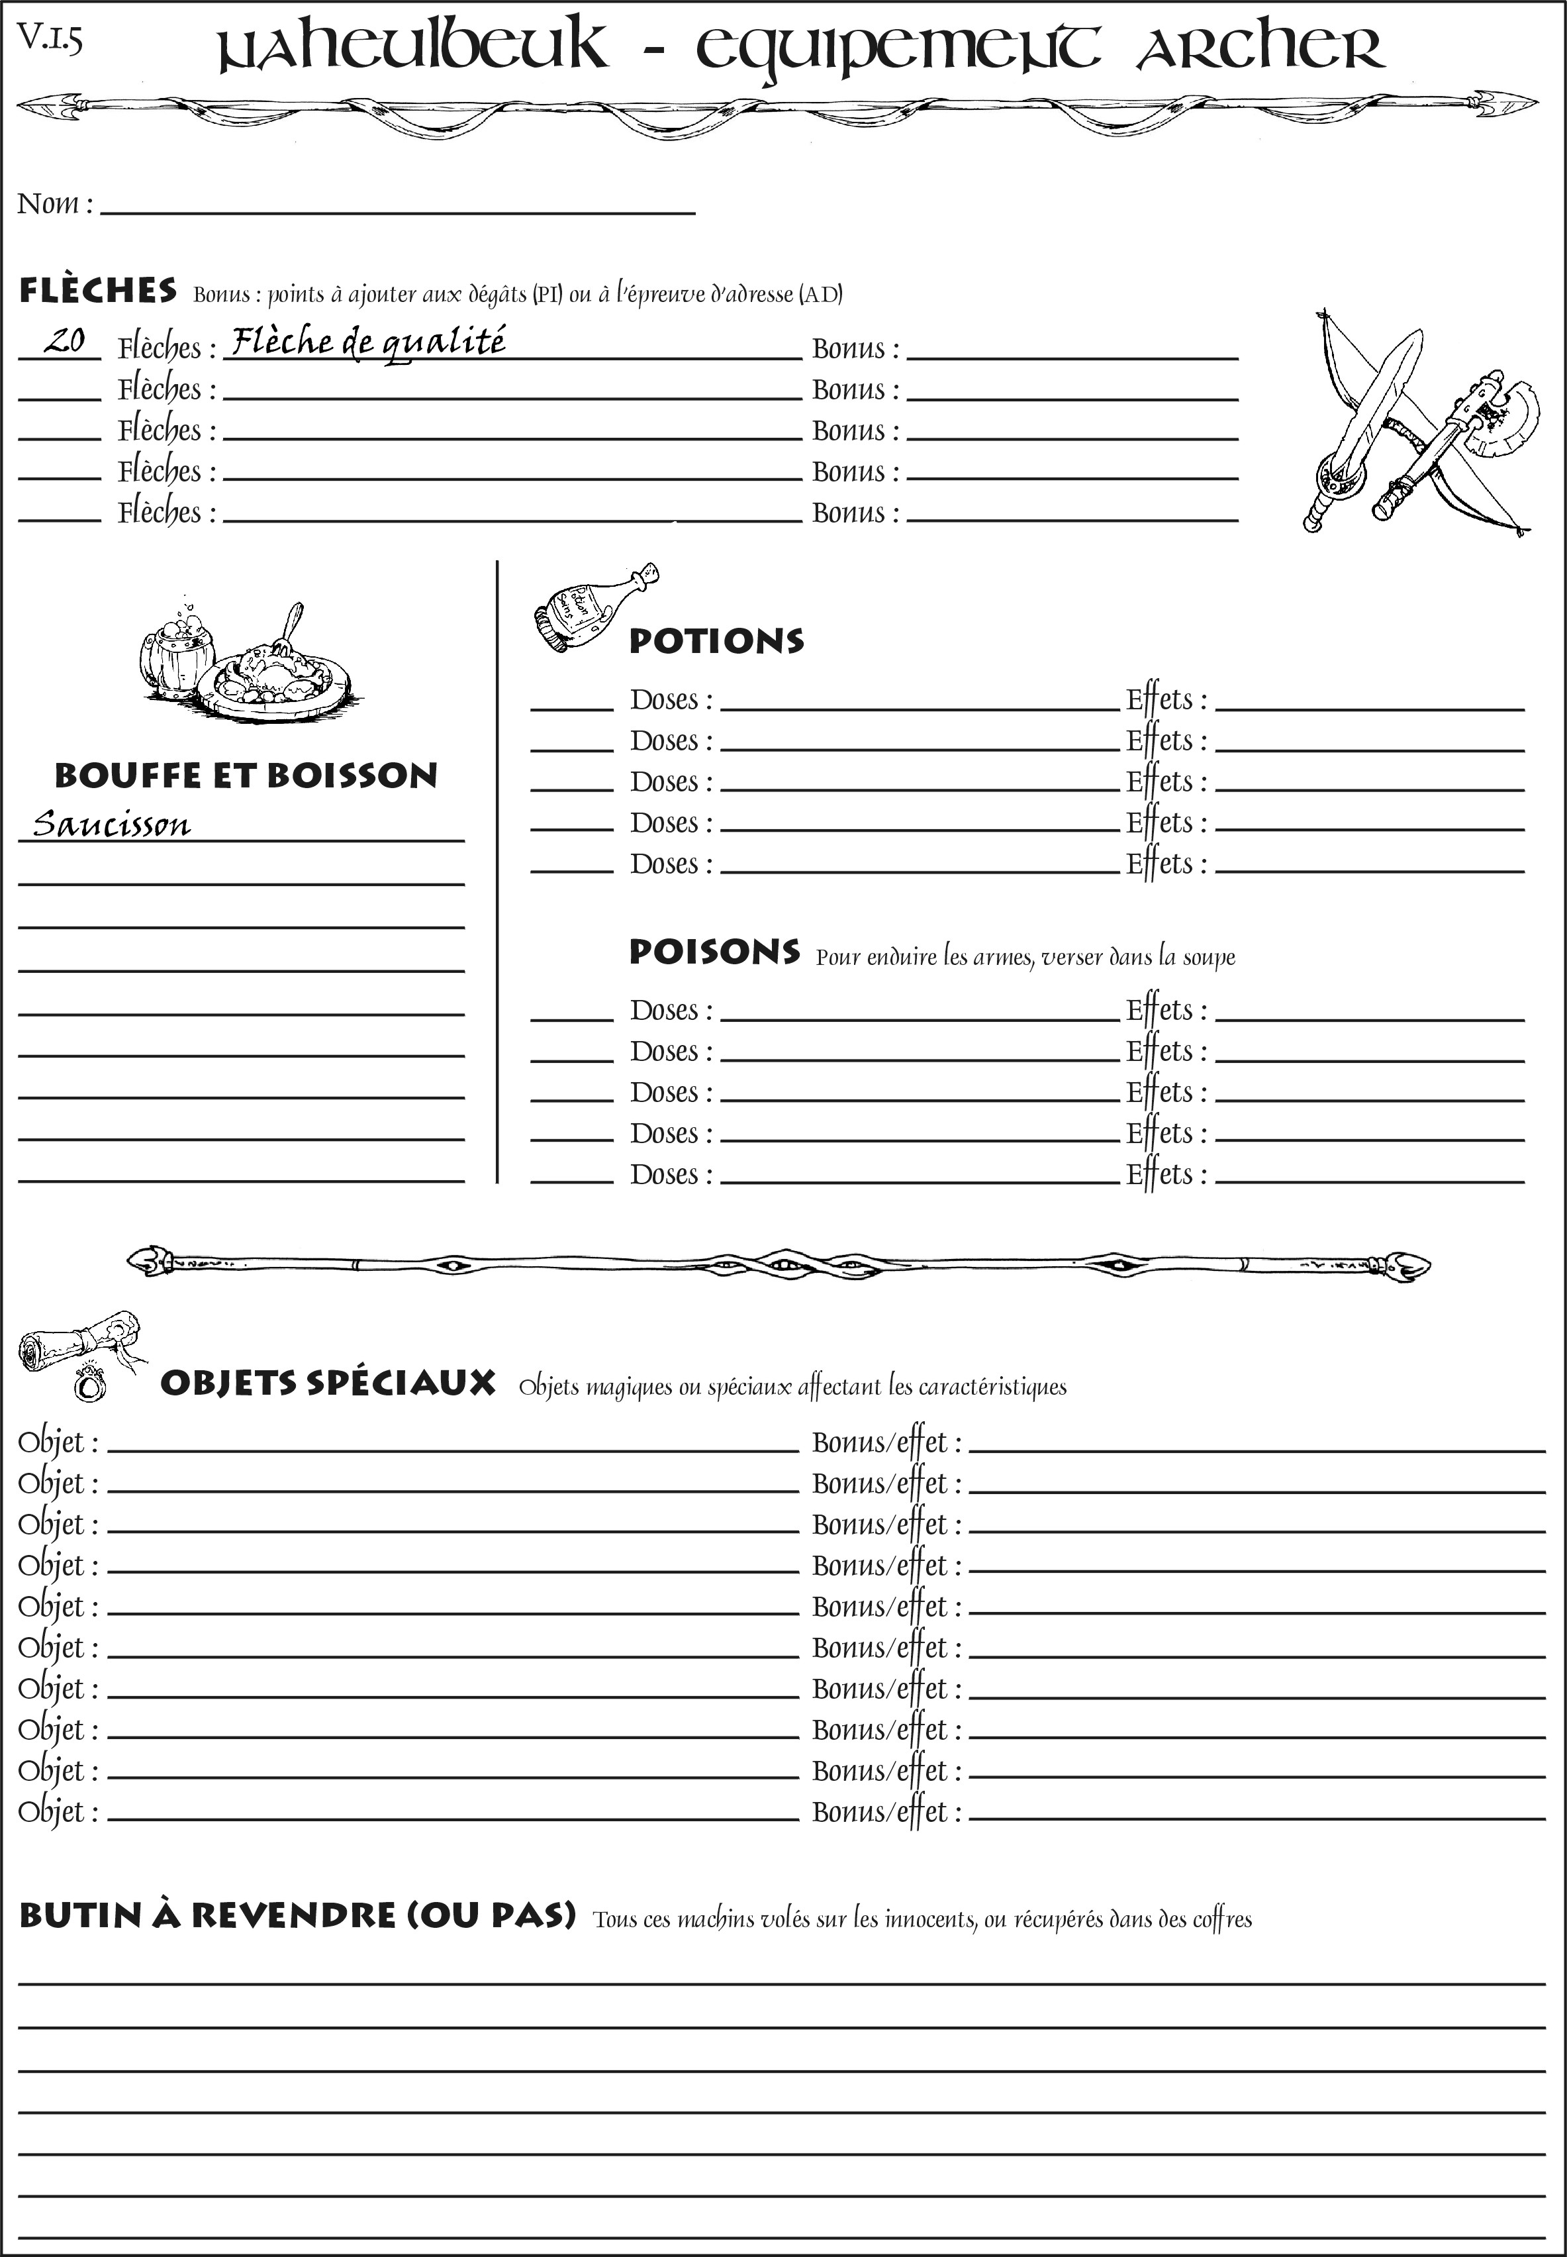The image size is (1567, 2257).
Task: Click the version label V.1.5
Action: (49, 39)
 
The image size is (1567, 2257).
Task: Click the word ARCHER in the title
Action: (1260, 49)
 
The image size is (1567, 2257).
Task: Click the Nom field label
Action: (55, 204)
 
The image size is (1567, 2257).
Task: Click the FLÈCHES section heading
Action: (98, 291)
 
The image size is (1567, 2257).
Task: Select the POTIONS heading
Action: (716, 641)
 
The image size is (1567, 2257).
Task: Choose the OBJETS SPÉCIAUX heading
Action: (327, 1383)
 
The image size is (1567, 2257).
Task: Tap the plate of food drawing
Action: (274, 675)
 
